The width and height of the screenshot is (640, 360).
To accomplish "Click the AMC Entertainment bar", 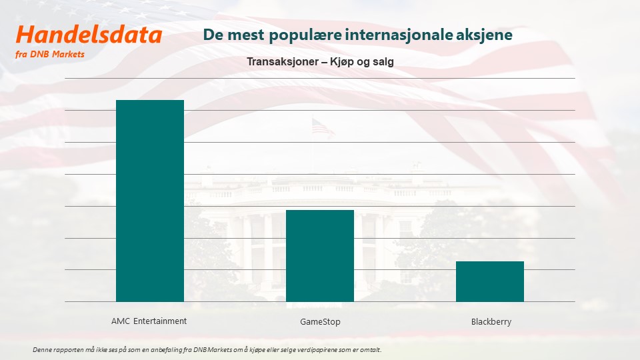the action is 150,201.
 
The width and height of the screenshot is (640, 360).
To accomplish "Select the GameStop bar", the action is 320,256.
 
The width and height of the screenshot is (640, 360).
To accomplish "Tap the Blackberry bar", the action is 490,281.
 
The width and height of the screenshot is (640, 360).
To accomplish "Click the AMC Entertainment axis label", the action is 149,321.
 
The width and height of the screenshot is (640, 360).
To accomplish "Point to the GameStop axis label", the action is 320,321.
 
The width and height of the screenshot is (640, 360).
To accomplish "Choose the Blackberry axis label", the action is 491,321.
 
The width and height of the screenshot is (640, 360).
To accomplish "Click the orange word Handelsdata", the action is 89,35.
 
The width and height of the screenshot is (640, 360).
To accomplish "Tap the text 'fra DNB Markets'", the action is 50,54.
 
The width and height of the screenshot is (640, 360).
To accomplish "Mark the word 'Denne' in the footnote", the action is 41,350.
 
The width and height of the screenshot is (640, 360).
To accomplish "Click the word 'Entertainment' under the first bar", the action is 160,321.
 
